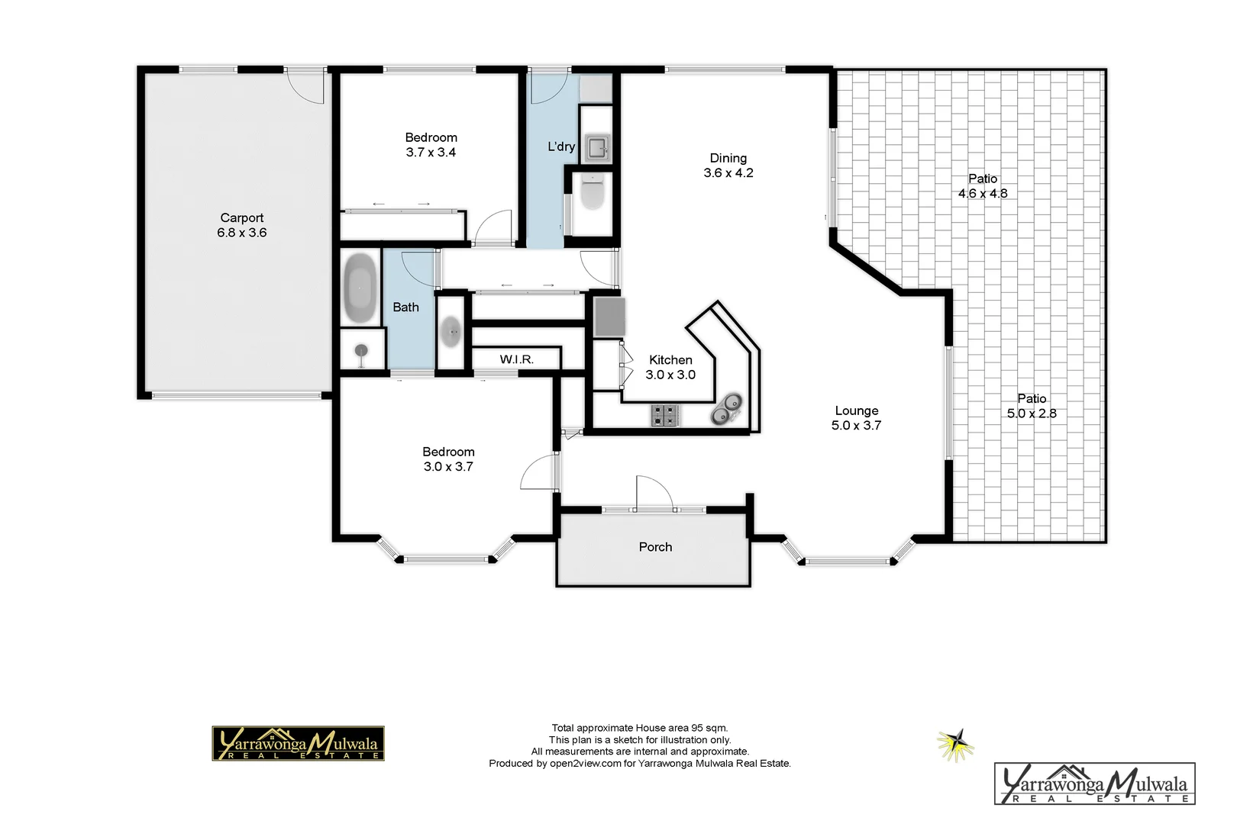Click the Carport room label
point(242,218)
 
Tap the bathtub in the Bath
point(360,288)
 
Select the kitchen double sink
point(725,409)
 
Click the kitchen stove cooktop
point(665,416)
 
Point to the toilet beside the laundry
point(592,193)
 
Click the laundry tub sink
point(596,147)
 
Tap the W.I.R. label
point(517,359)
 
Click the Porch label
point(655,547)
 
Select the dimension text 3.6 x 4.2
point(728,173)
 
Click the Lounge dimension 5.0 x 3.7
point(856,426)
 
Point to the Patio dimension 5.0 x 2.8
point(1032,414)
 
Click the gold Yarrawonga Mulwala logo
point(298,743)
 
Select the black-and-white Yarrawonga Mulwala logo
point(1094,784)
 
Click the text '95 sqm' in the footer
point(709,728)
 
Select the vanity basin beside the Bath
point(451,333)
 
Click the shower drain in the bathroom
point(360,351)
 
